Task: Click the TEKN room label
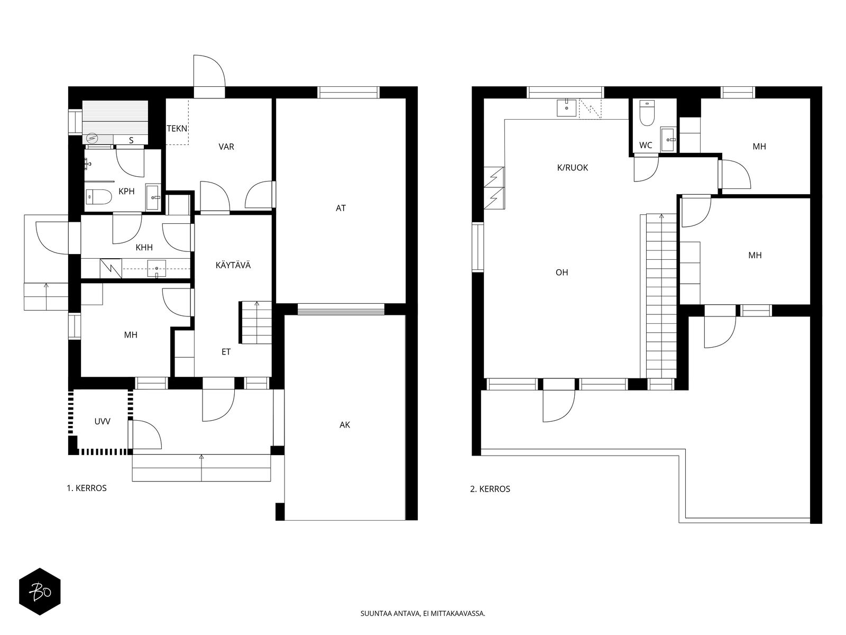pyautogui.click(x=177, y=129)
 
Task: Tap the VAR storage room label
pyautogui.click(x=226, y=147)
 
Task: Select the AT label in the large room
pyautogui.click(x=341, y=208)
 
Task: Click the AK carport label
pyautogui.click(x=345, y=425)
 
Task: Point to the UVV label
pyautogui.click(x=103, y=421)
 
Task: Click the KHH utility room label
pyautogui.click(x=144, y=248)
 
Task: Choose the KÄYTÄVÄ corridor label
pyautogui.click(x=233, y=265)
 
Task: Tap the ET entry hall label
pyautogui.click(x=226, y=351)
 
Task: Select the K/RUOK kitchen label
pyautogui.click(x=573, y=168)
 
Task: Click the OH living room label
pyautogui.click(x=562, y=273)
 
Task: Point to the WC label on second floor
pyautogui.click(x=646, y=146)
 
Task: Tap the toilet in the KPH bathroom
pyautogui.click(x=98, y=197)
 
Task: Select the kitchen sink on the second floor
pyautogui.click(x=567, y=108)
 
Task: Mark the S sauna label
pyautogui.click(x=131, y=141)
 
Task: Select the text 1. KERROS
pyautogui.click(x=87, y=488)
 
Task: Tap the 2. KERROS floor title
pyautogui.click(x=490, y=489)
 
